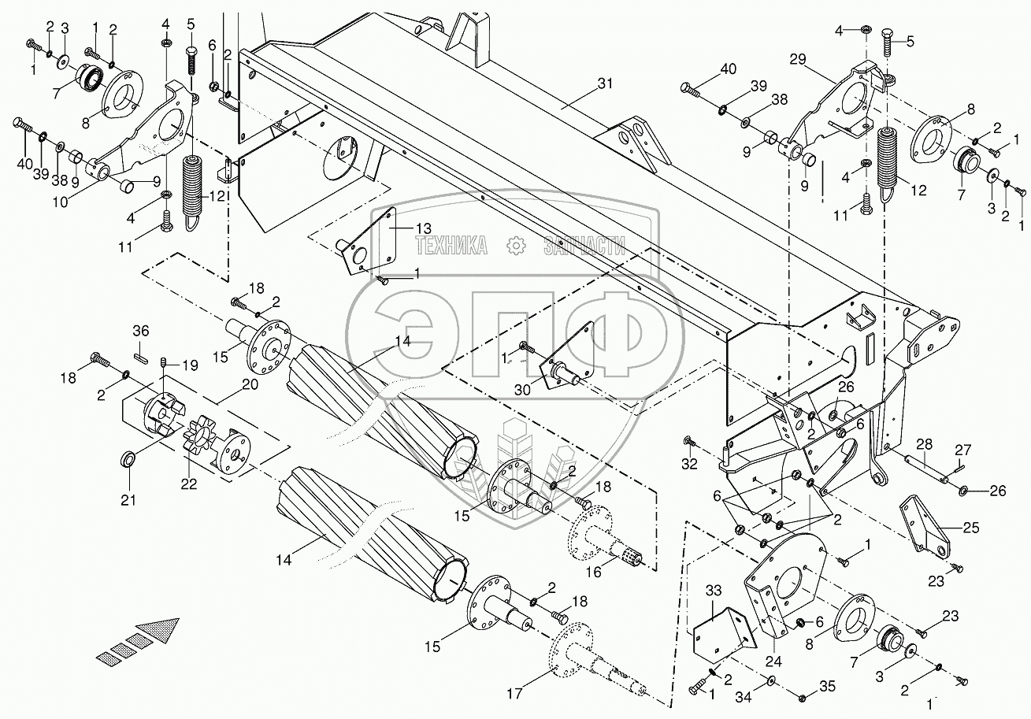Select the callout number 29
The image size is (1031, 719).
coord(798,60)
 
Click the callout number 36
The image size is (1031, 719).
coord(139,331)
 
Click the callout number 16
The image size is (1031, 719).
coord(593,573)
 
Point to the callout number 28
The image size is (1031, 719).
coord(924,445)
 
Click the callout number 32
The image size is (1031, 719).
coord(689,464)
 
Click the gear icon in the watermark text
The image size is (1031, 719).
coord(516,246)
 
